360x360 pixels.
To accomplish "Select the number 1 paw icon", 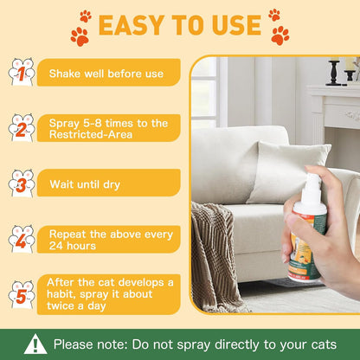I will click(21, 72).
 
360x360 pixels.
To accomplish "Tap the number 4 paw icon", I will click(21, 238).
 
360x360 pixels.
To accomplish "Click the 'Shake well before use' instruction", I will click(106, 74).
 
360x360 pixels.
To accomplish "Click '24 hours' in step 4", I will click(73, 246).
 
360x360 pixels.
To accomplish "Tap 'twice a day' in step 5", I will click(79, 307).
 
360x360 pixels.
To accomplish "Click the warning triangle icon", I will click(35, 344).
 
